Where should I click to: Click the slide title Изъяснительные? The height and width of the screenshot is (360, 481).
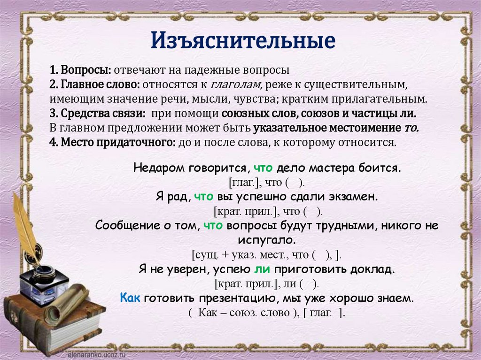click(x=243, y=41)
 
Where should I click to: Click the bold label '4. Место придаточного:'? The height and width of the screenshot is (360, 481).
click(x=112, y=142)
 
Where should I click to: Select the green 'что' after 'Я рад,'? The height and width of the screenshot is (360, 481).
click(x=203, y=197)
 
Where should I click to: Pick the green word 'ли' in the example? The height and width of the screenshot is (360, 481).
click(x=261, y=269)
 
